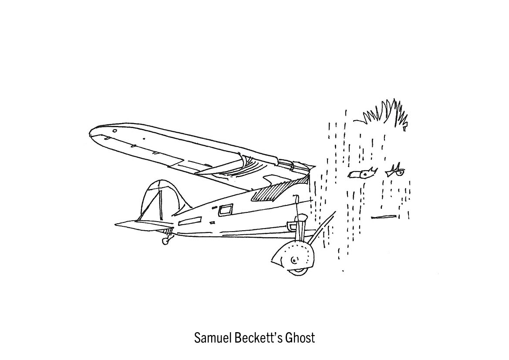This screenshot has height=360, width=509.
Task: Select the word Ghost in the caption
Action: tap(300, 337)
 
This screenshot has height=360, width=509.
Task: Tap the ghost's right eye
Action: tap(395, 172)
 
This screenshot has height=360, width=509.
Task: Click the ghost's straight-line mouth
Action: tap(384, 216)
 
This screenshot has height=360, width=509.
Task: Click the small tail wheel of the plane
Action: tap(165, 240)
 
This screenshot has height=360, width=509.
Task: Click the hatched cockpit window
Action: tap(272, 192)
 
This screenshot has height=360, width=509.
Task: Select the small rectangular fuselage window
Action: tap(226, 211)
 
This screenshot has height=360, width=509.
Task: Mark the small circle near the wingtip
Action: tap(115, 130)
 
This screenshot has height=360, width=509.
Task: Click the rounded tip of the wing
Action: tap(94, 132)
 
